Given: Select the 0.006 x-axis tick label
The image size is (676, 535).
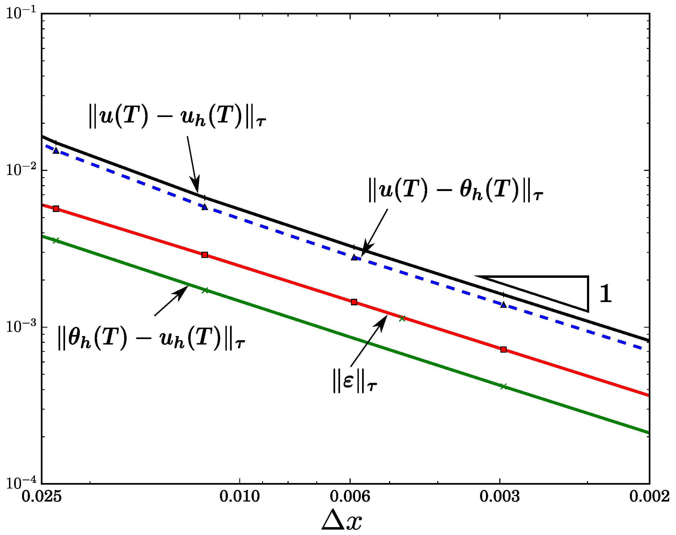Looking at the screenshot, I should point(350,496).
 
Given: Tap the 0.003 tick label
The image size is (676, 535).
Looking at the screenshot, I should point(500,496).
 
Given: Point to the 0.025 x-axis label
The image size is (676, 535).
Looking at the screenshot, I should point(41,496).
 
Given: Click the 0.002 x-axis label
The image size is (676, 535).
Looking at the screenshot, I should point(649,496).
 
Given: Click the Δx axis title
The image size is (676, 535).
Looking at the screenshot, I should point(342,520).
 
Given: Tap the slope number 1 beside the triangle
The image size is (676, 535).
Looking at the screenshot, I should point(605,294).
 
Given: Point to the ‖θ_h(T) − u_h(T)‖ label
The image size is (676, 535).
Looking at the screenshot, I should point(151,338).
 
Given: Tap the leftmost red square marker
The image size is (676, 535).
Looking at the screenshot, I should point(56,209).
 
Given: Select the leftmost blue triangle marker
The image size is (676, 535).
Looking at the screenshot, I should point(56,151).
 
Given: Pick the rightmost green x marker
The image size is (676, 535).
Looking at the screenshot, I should point(503,386).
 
